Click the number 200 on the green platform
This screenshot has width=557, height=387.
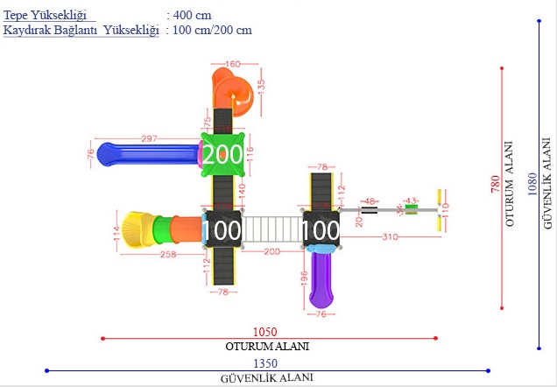(x=223, y=155)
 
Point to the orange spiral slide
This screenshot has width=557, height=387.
(x=234, y=95)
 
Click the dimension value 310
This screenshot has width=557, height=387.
(x=391, y=238)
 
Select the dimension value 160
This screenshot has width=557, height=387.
(x=232, y=64)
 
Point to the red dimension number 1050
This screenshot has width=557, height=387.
(x=264, y=332)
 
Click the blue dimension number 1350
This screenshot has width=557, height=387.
(x=266, y=363)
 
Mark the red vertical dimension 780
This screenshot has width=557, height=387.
(x=496, y=184)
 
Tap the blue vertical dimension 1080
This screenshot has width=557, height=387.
(x=532, y=184)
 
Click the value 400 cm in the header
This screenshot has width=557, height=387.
(x=193, y=16)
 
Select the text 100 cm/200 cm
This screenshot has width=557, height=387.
(x=213, y=31)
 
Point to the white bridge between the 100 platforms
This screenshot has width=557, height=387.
(x=271, y=229)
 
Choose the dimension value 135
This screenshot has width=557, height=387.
(x=260, y=90)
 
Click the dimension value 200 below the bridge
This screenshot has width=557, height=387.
(x=271, y=252)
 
